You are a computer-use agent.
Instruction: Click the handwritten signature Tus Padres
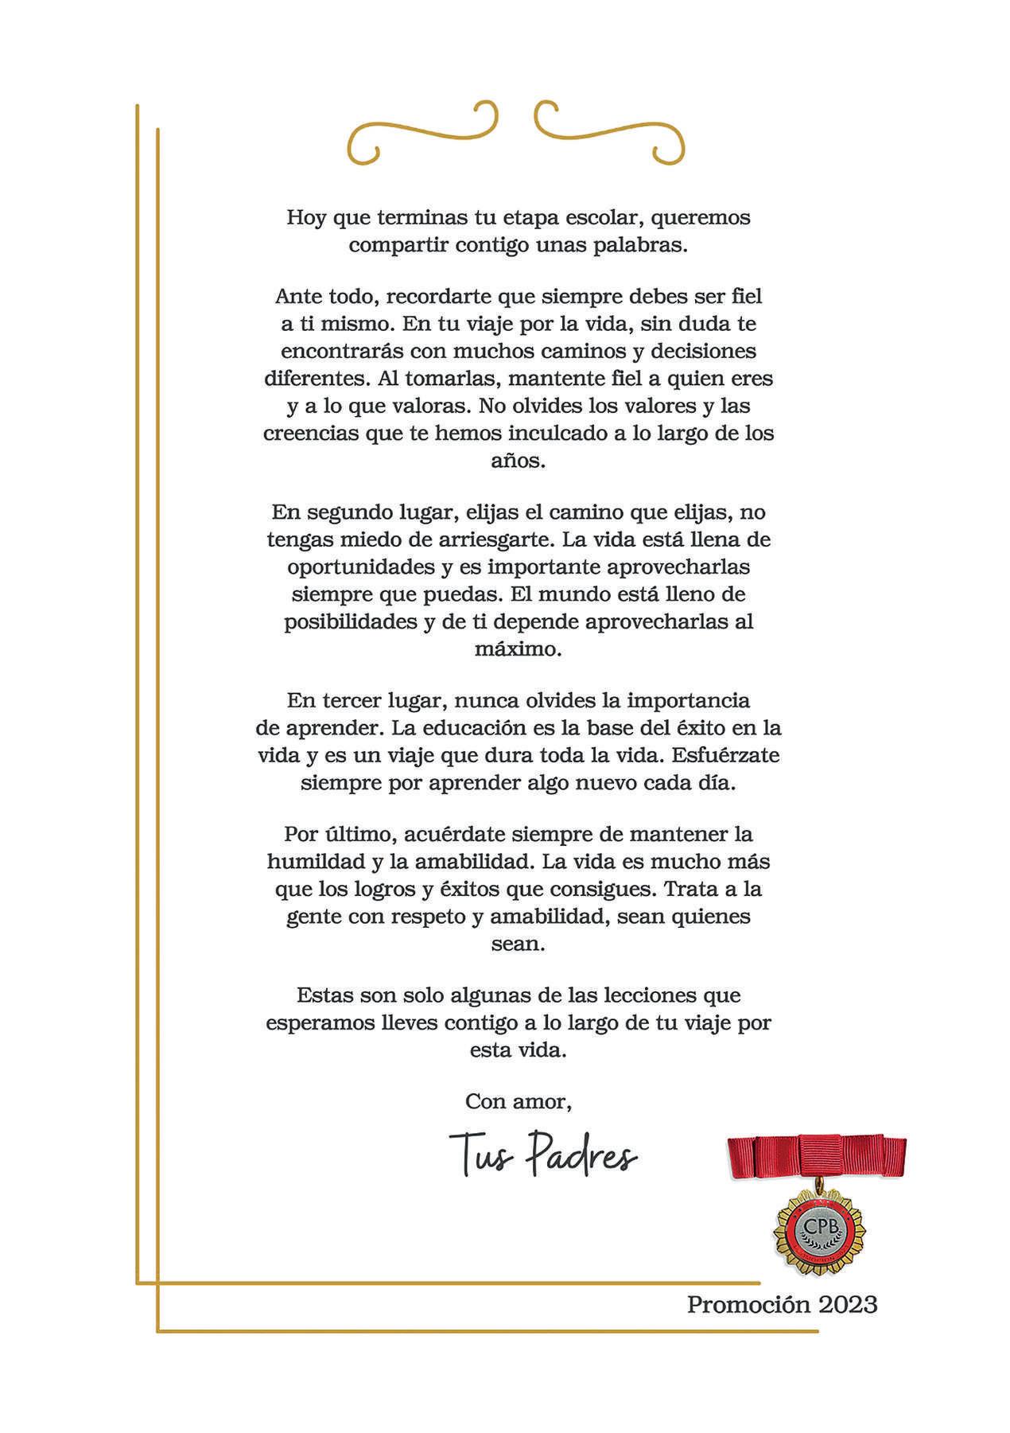pos(543,1155)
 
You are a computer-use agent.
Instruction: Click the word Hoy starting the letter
pos(306,217)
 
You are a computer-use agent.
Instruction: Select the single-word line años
pos(519,461)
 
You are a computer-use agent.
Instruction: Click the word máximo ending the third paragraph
pos(519,648)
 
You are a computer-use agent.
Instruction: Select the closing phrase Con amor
pos(519,1101)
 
